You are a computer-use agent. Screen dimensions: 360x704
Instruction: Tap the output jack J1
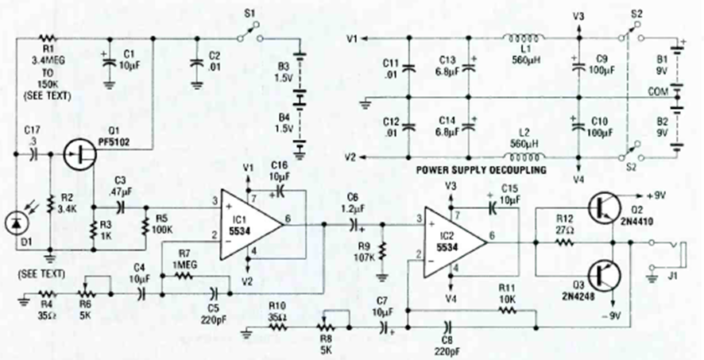pyautogui.click(x=678, y=255)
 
